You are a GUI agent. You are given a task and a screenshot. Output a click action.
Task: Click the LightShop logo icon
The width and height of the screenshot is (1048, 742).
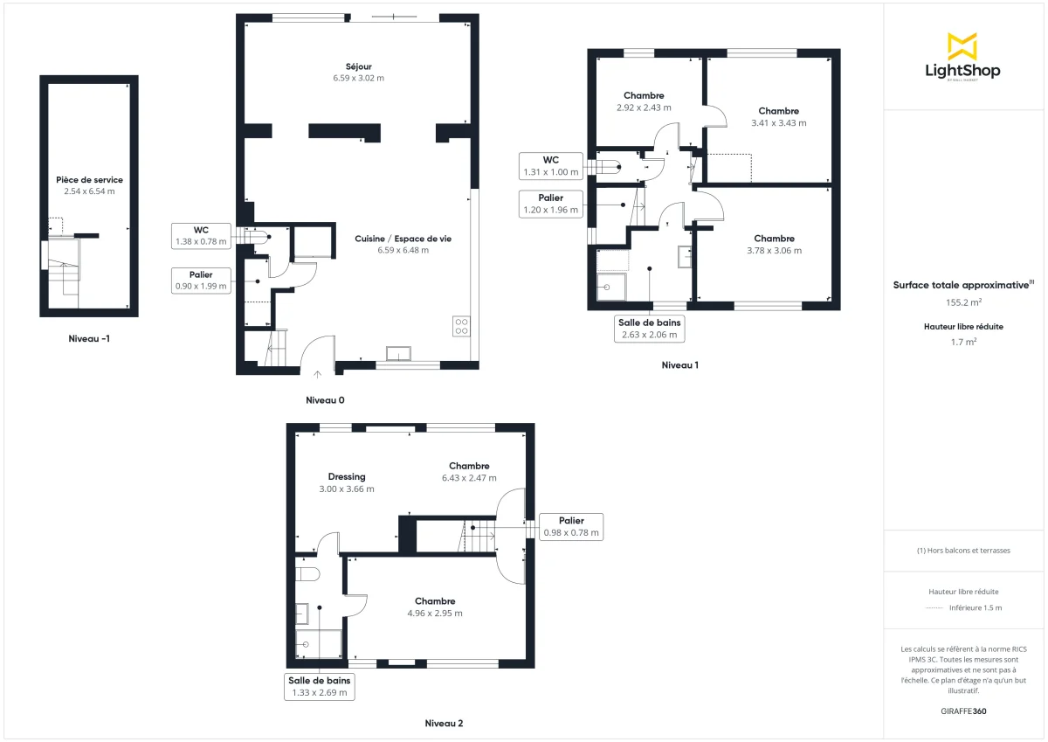point(962,46)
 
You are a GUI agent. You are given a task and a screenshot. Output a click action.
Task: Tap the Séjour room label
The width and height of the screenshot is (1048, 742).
point(358,66)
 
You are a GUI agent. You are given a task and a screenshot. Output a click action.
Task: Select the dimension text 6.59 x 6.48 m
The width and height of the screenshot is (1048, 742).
point(403,250)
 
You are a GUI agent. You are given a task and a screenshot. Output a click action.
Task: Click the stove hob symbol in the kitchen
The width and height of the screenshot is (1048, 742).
point(461,326)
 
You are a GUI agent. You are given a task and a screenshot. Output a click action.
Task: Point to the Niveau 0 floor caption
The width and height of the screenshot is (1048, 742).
point(325,400)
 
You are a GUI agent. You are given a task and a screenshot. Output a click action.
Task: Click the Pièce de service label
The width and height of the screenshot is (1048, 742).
point(88,179)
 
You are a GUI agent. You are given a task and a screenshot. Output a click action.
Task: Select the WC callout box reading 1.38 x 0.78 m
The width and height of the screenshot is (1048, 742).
point(201,236)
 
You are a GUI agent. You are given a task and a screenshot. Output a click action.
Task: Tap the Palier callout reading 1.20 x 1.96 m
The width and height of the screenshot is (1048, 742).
point(550,204)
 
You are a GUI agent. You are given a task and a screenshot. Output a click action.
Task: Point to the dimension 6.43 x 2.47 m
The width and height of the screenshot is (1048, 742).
point(469,478)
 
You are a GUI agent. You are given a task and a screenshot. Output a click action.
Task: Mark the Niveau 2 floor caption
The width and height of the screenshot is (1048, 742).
point(444,724)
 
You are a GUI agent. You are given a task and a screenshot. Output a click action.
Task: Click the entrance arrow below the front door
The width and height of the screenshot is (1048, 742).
point(317,375)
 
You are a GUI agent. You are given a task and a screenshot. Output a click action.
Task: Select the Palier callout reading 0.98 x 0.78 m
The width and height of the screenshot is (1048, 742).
point(571,527)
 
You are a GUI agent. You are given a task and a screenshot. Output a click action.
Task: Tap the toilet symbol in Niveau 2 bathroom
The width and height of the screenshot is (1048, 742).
point(308,573)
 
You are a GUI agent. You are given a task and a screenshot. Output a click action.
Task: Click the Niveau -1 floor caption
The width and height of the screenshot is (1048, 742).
point(89,338)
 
